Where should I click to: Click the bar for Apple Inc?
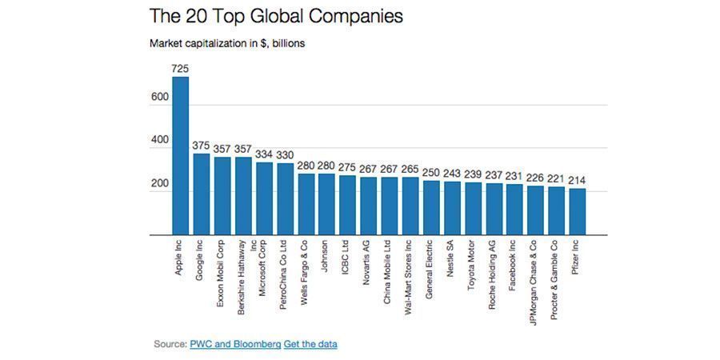(x=181, y=156)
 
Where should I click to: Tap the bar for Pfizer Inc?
(x=577, y=212)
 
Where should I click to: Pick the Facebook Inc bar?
(x=514, y=210)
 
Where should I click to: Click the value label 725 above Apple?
(x=181, y=70)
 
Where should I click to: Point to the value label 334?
(x=264, y=154)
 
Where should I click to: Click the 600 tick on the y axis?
(x=158, y=98)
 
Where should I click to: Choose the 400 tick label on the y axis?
(x=158, y=141)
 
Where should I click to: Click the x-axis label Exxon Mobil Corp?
(x=222, y=272)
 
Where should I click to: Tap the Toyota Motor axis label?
(x=472, y=263)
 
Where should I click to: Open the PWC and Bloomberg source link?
(x=235, y=344)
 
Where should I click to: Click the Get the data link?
(x=310, y=344)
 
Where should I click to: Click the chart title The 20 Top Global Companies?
(x=276, y=15)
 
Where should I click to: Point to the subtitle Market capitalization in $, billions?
(x=227, y=42)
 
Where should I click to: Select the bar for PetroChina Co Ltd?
(x=285, y=199)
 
